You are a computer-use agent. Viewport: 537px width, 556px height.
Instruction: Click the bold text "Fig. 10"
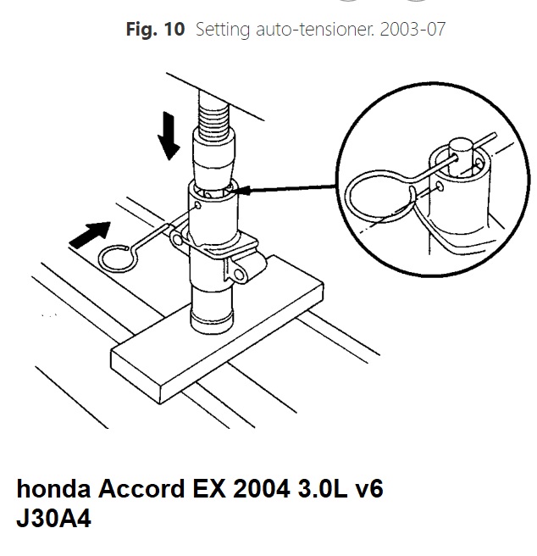pyautogui.click(x=155, y=29)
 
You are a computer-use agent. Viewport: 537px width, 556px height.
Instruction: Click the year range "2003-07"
pyautogui.click(x=412, y=29)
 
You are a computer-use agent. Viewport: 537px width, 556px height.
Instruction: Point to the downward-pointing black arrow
pyautogui.click(x=169, y=136)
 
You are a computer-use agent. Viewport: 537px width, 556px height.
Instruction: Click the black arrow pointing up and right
pyautogui.click(x=90, y=234)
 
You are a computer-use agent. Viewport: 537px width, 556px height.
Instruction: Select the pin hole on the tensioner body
pyautogui.click(x=198, y=205)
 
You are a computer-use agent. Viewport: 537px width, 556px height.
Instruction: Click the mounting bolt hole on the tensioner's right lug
pyautogui.click(x=239, y=274)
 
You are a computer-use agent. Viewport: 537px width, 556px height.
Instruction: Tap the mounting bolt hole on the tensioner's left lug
pyautogui.click(x=176, y=240)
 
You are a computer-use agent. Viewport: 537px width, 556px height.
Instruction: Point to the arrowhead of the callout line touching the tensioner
pyautogui.click(x=241, y=191)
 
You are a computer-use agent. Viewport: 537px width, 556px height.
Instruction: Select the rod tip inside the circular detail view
pyautogui.click(x=461, y=148)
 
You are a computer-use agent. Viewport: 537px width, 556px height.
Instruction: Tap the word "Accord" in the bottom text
pyautogui.click(x=141, y=489)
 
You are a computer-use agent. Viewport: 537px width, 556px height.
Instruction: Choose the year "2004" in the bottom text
pyautogui.click(x=262, y=489)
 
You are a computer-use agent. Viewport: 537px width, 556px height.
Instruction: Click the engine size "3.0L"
pyautogui.click(x=323, y=489)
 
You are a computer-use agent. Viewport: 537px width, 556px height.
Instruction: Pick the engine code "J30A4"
pyautogui.click(x=53, y=519)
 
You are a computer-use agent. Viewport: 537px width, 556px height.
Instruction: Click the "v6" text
pyautogui.click(x=369, y=489)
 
